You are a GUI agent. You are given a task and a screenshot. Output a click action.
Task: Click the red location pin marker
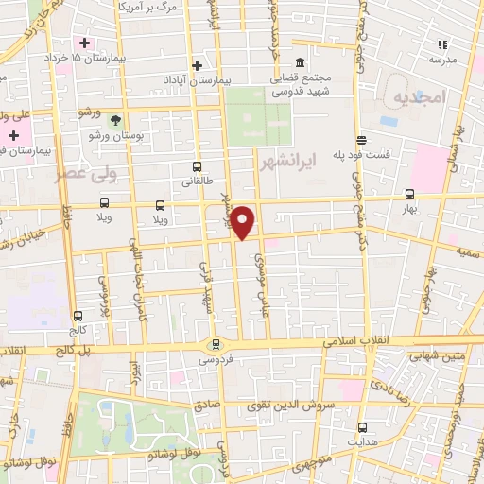pos(244,221)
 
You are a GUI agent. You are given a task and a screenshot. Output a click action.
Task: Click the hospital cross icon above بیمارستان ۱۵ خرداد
pos(85,43)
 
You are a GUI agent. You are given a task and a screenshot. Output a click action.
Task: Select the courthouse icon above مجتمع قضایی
pos(300,62)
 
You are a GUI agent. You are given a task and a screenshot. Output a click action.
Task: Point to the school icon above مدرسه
pos(441,43)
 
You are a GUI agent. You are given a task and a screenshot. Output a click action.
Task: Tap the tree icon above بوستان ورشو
pos(115,120)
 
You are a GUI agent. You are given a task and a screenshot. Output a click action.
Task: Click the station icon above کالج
pos(78,317)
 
